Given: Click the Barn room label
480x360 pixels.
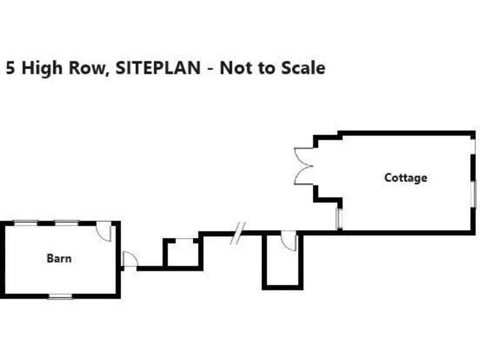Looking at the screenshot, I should pyautogui.click(x=59, y=257).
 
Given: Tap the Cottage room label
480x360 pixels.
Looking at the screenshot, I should pyautogui.click(x=406, y=177).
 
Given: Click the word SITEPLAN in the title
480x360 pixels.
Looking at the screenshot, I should pyautogui.click(x=158, y=67).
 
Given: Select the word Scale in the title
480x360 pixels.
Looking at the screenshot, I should pyautogui.click(x=303, y=67).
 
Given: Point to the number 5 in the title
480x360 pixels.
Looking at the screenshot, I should pyautogui.click(x=11, y=67).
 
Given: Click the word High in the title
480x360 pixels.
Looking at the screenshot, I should pyautogui.click(x=41, y=67).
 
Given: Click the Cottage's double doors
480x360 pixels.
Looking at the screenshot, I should pyautogui.click(x=303, y=166).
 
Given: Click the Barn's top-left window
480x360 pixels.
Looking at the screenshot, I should pyautogui.click(x=26, y=222).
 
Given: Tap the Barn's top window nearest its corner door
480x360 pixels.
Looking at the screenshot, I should pyautogui.click(x=66, y=222).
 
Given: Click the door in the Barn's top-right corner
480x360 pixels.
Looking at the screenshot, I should pyautogui.click(x=104, y=231).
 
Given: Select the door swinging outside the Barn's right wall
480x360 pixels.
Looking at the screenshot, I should pyautogui.click(x=129, y=259).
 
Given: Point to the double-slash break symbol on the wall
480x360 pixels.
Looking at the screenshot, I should pyautogui.click(x=237, y=233).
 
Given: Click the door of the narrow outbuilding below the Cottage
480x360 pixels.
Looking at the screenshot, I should pyautogui.click(x=289, y=241).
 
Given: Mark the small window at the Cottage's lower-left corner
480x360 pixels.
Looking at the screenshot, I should pyautogui.click(x=339, y=218).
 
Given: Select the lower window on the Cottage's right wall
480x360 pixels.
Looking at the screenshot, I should pyautogui.click(x=474, y=194).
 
